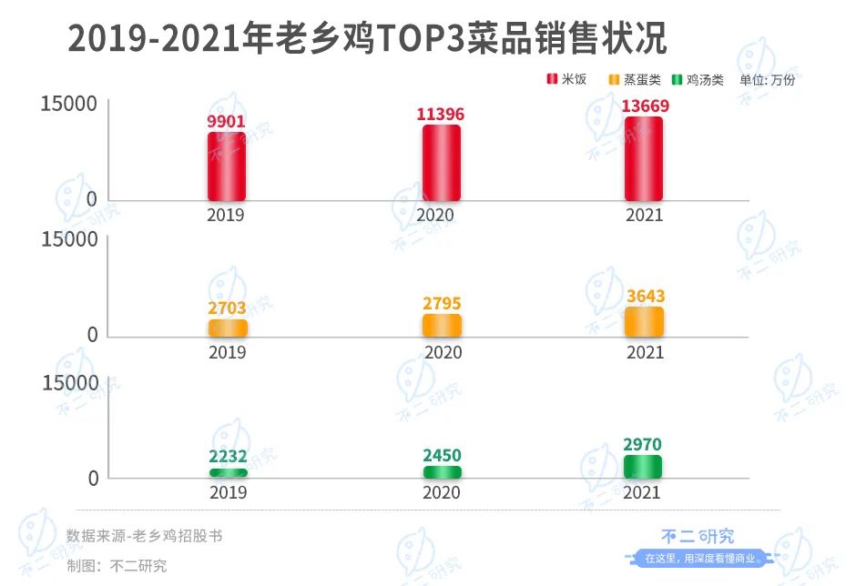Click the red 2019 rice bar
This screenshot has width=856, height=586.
227,167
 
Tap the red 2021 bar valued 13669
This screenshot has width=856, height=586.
643,158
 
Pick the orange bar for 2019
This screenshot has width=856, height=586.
227,328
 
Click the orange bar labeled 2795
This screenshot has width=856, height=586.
442,326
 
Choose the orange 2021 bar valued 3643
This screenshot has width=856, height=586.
644,322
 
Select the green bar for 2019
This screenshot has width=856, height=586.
227,472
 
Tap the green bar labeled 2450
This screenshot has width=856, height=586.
442,471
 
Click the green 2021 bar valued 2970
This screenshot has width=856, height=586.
644,467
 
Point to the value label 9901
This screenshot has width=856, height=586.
227,121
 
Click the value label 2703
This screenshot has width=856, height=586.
227,308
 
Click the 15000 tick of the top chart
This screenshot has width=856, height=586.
68,104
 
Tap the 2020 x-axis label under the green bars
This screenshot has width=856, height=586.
443,493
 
